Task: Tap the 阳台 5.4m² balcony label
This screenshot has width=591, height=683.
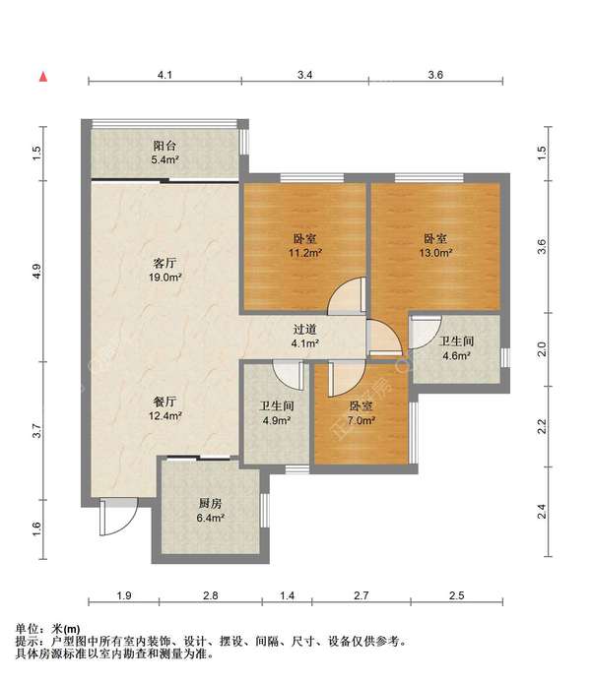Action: pos(164,153)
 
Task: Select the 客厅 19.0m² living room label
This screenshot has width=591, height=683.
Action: pos(164,271)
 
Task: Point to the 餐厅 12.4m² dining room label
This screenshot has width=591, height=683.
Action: pos(164,408)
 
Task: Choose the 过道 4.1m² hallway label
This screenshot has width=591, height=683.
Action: pos(304,337)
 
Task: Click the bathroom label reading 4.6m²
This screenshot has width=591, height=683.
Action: pos(456,349)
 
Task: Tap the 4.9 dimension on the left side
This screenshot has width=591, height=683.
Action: pos(36,271)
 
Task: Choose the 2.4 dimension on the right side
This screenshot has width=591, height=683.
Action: pos(541,512)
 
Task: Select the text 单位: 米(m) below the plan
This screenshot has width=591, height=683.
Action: pos(48,630)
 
